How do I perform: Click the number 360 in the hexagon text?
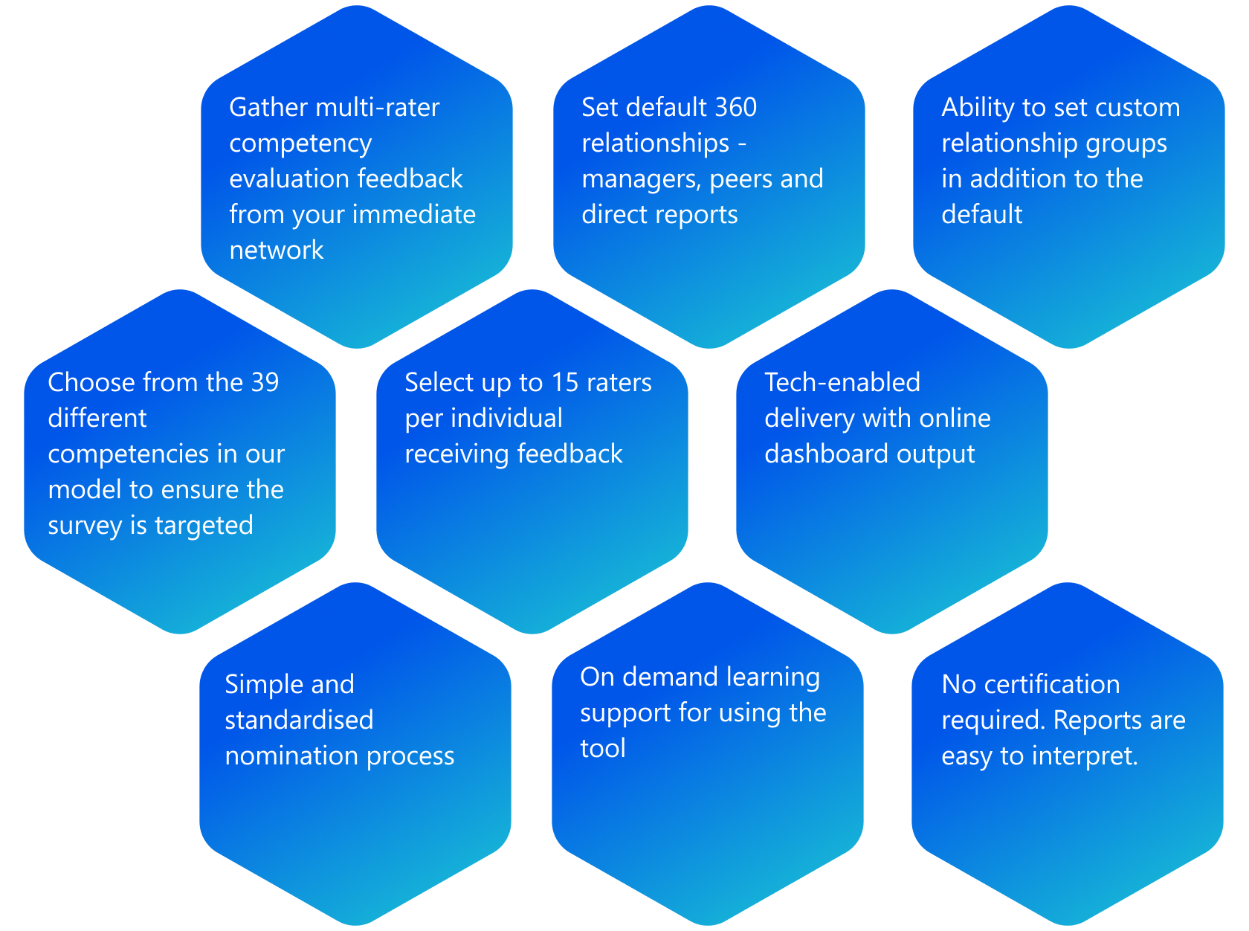(735, 108)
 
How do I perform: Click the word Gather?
(268, 108)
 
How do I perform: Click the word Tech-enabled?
(842, 383)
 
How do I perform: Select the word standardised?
(299, 721)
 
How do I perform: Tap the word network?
(276, 251)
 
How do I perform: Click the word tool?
(603, 749)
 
